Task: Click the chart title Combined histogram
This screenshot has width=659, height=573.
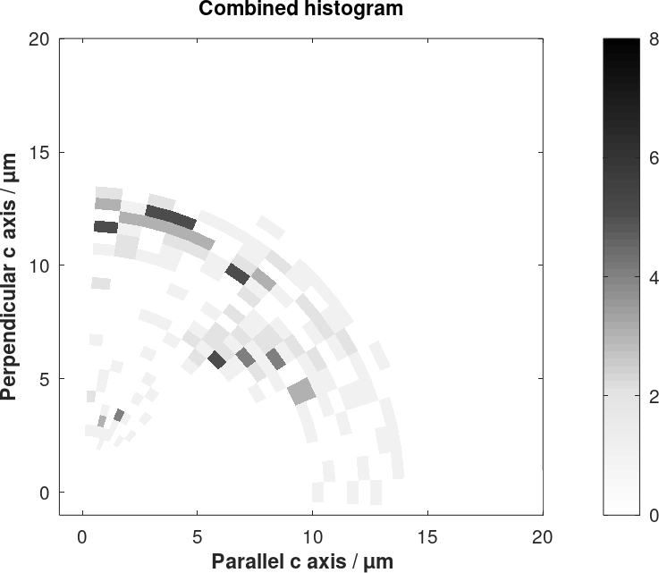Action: [300, 10]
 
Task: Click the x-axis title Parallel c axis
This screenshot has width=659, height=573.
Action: [301, 561]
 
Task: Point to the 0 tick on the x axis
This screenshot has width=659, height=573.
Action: [83, 536]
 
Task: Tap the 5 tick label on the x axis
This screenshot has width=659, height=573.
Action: [198, 536]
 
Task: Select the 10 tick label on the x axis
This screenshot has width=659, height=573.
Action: [313, 536]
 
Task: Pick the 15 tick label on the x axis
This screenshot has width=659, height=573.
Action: [427, 536]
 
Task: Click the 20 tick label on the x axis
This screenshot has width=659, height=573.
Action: [543, 536]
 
